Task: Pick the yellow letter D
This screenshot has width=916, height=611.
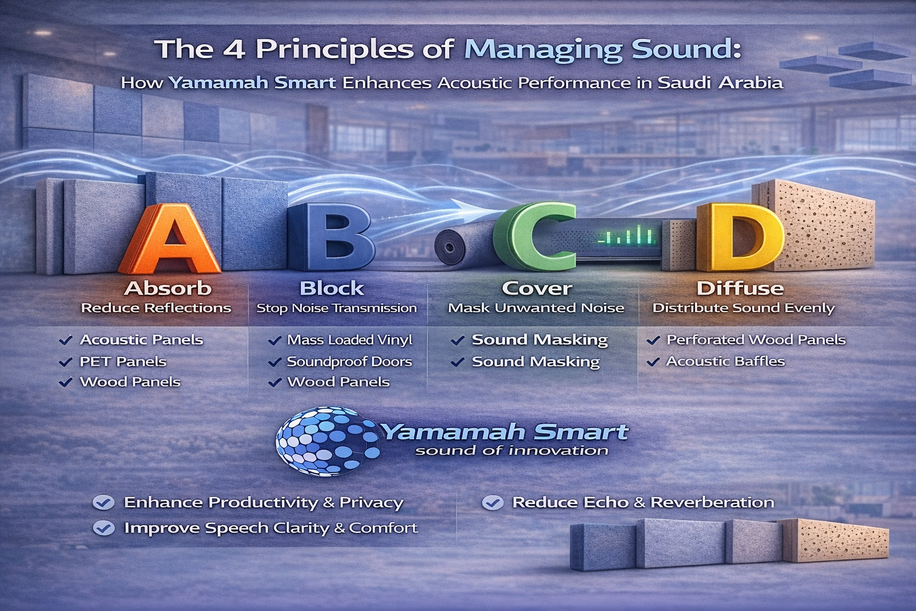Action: pyautogui.click(x=739, y=237)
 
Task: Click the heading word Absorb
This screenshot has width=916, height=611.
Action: pyautogui.click(x=168, y=289)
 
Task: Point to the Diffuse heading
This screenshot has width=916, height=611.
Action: pyautogui.click(x=740, y=289)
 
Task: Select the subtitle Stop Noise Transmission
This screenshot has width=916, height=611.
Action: pyautogui.click(x=336, y=308)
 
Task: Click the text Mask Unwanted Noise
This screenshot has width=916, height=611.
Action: pyautogui.click(x=536, y=308)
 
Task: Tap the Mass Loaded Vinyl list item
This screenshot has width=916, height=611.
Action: pyautogui.click(x=349, y=340)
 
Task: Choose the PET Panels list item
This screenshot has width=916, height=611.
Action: pyautogui.click(x=123, y=362)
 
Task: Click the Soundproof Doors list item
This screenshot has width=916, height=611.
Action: pyautogui.click(x=349, y=362)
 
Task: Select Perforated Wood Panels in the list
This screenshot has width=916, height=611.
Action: pyautogui.click(x=756, y=340)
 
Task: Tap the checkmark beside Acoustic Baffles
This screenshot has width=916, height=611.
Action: pyautogui.click(x=653, y=362)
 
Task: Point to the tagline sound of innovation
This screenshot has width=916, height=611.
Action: pyautogui.click(x=512, y=451)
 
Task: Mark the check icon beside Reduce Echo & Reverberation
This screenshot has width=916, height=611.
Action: pyautogui.click(x=493, y=502)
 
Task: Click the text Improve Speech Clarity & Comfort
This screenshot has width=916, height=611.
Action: pyautogui.click(x=271, y=528)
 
